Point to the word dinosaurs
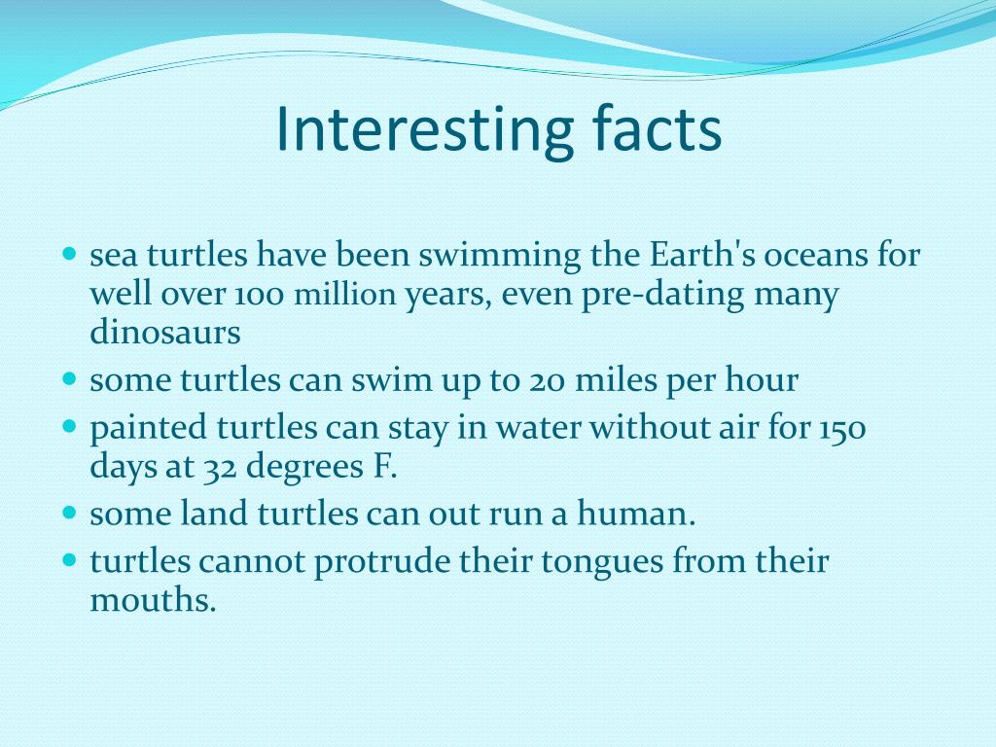point(165,332)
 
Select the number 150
point(841,428)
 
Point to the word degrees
point(304,468)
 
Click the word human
point(636,513)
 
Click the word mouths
point(153,599)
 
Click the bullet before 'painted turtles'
point(70,426)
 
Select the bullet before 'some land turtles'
point(70,512)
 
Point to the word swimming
point(499,256)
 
